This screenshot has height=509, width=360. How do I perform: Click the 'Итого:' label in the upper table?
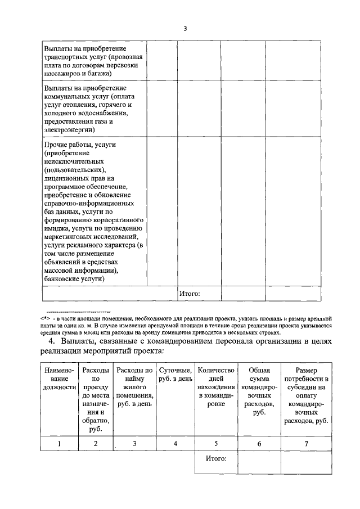pyautogui.click(x=189, y=293)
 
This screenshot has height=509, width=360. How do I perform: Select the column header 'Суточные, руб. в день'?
pyautogui.click(x=175, y=375)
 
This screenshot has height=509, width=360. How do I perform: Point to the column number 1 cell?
pyautogui.click(x=59, y=444)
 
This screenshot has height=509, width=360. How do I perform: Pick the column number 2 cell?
pyautogui.click(x=95, y=444)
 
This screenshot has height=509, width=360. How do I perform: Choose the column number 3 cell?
pyautogui.click(x=134, y=444)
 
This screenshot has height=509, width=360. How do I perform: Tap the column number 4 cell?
pyautogui.click(x=175, y=444)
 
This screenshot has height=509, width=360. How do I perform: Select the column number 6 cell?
pyautogui.click(x=259, y=444)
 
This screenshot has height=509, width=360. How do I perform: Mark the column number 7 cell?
pyautogui.click(x=307, y=444)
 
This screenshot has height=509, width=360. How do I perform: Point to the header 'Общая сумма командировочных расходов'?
pyautogui.click(x=259, y=391)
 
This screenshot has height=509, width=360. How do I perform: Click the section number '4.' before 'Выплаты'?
pyautogui.click(x=52, y=341)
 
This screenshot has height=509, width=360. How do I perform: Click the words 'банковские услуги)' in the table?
pyautogui.click(x=73, y=278)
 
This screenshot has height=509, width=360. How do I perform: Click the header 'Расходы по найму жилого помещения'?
pyautogui.click(x=134, y=387)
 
